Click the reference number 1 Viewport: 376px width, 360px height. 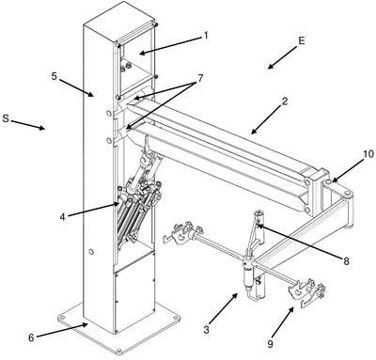[205, 37]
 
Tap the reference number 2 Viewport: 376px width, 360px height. [285, 102]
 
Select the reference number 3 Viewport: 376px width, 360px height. [206, 330]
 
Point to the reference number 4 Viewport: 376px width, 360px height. [63, 217]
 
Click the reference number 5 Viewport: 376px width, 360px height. [55, 75]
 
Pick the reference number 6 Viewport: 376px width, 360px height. [31, 337]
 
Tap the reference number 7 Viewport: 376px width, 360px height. [200, 78]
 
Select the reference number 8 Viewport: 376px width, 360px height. [346, 261]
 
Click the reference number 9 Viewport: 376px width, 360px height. [270, 344]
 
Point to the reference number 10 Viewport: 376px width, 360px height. [368, 154]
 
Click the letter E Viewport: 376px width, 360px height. [301, 41]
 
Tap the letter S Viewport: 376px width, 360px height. [6, 118]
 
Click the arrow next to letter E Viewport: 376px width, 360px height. [282, 57]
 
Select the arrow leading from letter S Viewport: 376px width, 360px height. [28, 124]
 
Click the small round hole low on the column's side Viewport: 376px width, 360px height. [91, 251]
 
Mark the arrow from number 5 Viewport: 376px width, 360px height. [77, 87]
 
